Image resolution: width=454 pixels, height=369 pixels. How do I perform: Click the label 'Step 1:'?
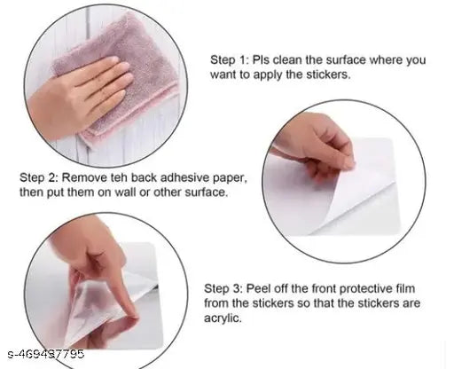click(228, 60)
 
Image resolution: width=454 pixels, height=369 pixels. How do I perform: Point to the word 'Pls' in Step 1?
click(261, 60)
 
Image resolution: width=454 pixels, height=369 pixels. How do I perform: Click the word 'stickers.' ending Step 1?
click(328, 75)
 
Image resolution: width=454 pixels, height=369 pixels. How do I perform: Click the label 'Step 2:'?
click(39, 177)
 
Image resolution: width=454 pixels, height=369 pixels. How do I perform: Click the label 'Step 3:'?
click(223, 288)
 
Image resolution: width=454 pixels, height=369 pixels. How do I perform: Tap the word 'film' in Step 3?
click(405, 288)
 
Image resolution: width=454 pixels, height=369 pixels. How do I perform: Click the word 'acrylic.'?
click(223, 318)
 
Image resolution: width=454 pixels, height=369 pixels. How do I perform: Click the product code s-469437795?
click(46, 354)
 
